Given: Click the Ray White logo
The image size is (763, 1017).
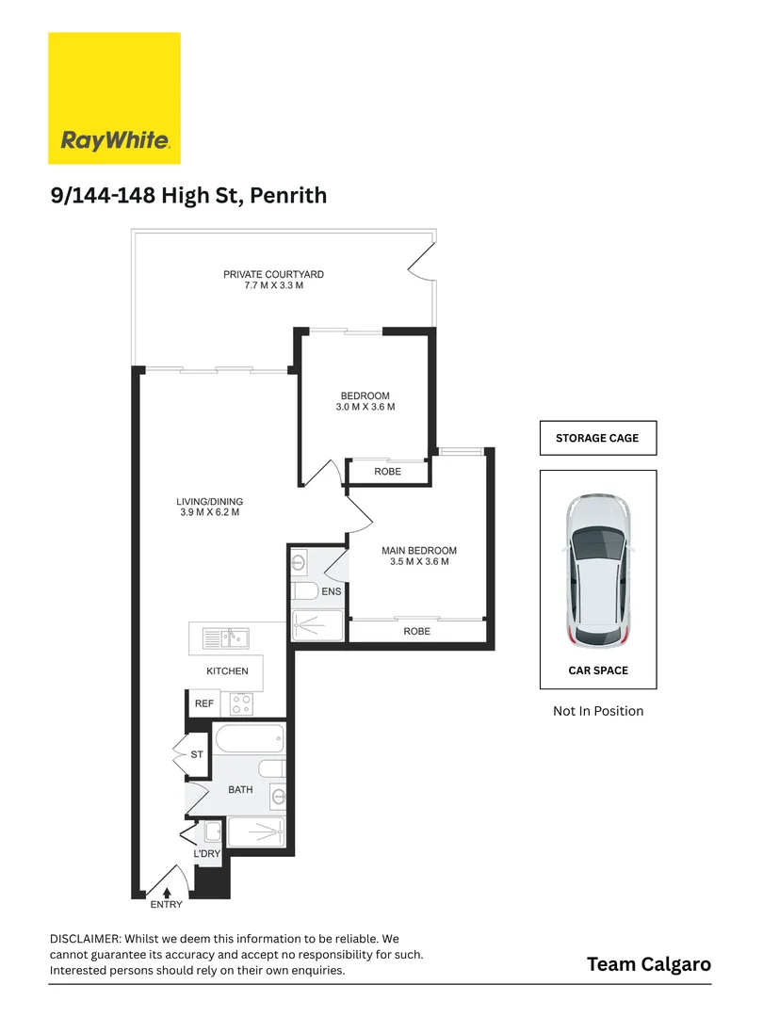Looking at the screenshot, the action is [x=114, y=98].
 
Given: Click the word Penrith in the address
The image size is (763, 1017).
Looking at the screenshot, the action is [x=288, y=195].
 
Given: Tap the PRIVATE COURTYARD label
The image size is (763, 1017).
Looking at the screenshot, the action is [x=273, y=274].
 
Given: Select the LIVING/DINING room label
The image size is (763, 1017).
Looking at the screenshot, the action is [x=209, y=501].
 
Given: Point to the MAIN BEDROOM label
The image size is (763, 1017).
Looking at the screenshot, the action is [x=419, y=551].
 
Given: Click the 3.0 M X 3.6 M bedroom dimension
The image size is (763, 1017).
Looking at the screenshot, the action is [x=365, y=407].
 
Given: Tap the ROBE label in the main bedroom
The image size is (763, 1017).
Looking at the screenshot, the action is [x=416, y=631].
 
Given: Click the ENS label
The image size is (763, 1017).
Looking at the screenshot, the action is [x=331, y=591].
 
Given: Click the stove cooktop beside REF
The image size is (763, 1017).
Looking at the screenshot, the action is [x=241, y=703].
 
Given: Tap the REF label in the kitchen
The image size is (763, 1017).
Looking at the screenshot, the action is [x=204, y=703].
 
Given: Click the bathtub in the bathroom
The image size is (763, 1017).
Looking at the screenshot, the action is [x=249, y=739].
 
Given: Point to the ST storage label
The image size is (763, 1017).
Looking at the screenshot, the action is [x=197, y=754].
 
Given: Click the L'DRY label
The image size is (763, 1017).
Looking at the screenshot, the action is [x=207, y=853].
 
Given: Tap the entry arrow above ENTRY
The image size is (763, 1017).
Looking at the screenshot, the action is [x=167, y=893].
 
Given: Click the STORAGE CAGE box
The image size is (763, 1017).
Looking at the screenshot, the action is [x=598, y=439].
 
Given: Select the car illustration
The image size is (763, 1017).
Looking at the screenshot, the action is [x=597, y=572].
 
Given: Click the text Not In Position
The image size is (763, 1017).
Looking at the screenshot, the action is [x=598, y=711].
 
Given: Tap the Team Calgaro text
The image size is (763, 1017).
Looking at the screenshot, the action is [x=649, y=964].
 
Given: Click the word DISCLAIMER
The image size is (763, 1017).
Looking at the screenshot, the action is [x=85, y=939].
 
